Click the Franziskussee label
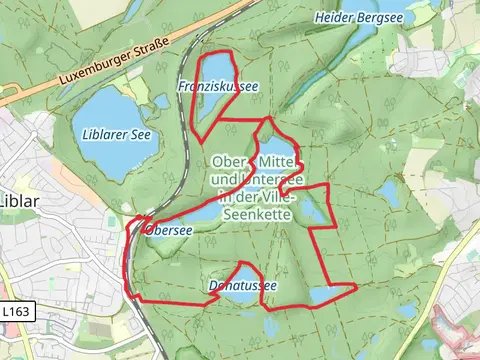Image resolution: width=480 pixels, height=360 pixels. pos(217,87)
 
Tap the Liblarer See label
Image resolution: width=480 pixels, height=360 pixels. pos(111,135)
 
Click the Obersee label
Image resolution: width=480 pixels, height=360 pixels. pos(168,229)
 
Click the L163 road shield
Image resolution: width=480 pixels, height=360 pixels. pos(16,312)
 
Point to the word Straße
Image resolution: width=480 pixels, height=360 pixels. pos(151,50)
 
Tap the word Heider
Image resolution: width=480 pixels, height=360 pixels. pos(333,17)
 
